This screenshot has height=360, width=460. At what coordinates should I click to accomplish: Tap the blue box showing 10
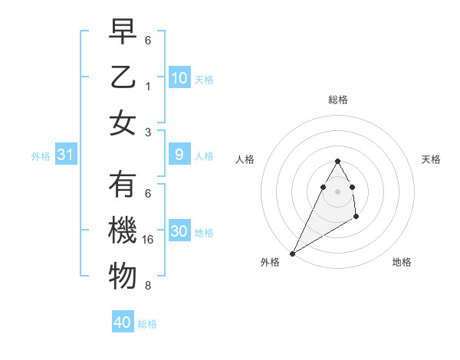[x=179, y=77]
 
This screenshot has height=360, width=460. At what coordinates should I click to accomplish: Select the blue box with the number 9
[x=179, y=155]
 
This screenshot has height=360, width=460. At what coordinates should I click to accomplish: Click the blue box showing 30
[x=179, y=231]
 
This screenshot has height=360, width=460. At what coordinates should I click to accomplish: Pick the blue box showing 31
[x=66, y=155]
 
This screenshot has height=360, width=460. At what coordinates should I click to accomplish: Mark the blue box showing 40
[x=123, y=322]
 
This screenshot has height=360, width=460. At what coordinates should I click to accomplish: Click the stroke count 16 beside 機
[x=149, y=239]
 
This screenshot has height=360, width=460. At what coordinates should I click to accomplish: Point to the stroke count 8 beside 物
[x=148, y=286]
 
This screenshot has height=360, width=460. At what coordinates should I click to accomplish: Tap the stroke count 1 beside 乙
[x=148, y=86]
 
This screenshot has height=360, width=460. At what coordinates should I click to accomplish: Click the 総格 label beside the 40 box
[x=147, y=324]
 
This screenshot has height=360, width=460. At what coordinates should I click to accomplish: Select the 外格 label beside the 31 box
[x=41, y=156]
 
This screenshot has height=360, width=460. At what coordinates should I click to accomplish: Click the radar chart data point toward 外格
[x=292, y=253]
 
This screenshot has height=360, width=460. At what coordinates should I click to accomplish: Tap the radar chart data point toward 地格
[x=356, y=218]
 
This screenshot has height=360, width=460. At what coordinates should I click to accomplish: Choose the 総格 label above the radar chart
[x=337, y=100]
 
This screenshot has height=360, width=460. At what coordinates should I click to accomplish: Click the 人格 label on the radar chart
[x=245, y=159]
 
